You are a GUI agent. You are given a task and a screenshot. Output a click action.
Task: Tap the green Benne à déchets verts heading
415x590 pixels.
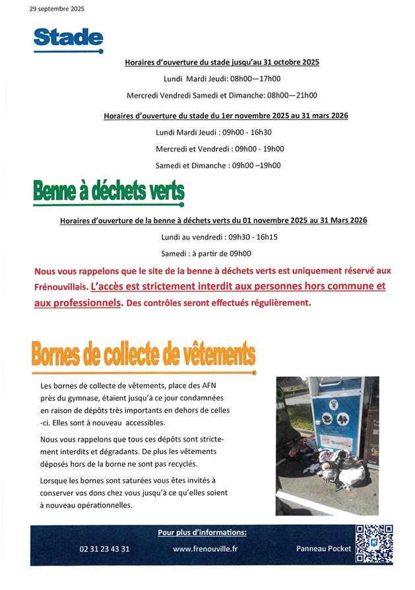(109, 192)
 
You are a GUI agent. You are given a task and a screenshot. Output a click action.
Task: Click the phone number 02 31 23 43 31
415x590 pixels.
(104, 548)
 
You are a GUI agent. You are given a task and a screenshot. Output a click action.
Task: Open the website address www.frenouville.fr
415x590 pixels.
(205, 548)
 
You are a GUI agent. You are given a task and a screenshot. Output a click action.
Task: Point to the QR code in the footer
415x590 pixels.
(374, 544)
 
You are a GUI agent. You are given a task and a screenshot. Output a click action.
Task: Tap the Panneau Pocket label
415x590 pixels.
(323, 548)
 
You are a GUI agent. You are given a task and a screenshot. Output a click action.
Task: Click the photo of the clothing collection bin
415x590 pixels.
(327, 445)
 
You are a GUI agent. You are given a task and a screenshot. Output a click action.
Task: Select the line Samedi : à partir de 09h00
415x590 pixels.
(206, 253)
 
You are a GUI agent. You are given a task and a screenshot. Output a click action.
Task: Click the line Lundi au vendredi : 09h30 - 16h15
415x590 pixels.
(219, 237)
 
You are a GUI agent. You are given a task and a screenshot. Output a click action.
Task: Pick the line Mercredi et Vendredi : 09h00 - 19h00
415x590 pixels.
(220, 149)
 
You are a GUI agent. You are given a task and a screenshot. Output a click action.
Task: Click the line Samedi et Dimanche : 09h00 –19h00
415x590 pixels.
(218, 166)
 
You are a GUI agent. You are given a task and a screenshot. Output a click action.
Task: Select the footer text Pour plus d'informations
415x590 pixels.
(202, 533)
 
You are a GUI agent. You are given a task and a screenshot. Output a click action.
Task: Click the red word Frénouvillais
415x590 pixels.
(60, 288)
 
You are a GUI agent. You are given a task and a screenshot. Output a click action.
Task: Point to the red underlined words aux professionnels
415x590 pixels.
(78, 303)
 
